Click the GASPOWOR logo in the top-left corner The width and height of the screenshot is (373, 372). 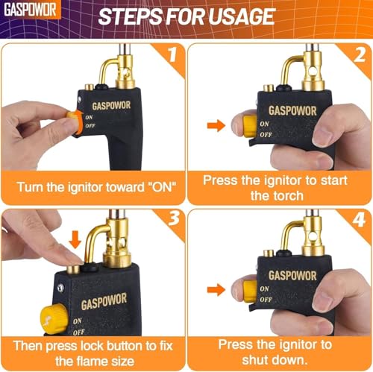tap(30, 10)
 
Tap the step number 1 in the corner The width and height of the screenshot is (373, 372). tap(172, 54)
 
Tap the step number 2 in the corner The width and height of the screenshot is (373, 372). tap(360, 54)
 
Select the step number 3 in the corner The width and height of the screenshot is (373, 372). tap(174, 218)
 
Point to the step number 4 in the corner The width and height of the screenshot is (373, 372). tap(360, 219)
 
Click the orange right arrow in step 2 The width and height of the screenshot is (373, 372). tap(216, 125)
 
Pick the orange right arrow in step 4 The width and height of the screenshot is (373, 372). tap(216, 290)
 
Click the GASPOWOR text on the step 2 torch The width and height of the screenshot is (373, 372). tap(292, 111)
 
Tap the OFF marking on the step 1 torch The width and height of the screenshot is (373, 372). tap(90, 126)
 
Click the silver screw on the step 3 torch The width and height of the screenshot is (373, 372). tap(60, 288)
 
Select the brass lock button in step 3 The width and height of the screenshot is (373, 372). tap(74, 269)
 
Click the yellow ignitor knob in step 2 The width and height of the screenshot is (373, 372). tap(250, 126)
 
